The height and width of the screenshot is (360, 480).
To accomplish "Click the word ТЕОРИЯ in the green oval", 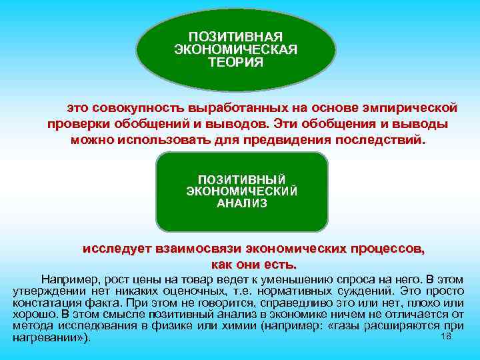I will point(235,62).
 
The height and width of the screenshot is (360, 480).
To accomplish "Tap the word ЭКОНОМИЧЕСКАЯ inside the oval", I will point(235,49).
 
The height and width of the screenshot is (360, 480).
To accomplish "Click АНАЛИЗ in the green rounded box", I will point(242,203).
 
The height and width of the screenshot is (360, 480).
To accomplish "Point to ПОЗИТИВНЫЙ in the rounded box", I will point(242,179).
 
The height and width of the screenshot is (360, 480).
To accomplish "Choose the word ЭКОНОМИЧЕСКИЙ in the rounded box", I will point(242,191).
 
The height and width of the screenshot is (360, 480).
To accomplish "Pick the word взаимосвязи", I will point(197,249).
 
